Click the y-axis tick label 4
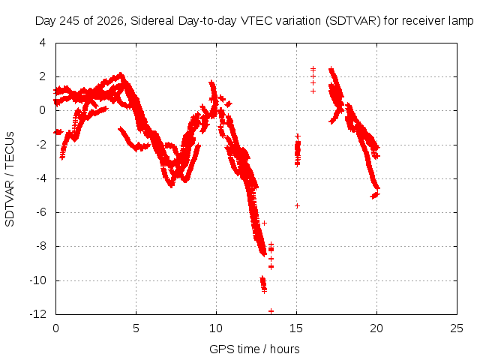click(x=42, y=42)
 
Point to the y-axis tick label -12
click(x=37, y=313)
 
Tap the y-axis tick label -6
click(x=41, y=211)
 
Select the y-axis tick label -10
click(x=37, y=280)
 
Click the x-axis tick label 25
click(x=457, y=328)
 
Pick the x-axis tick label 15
click(x=296, y=328)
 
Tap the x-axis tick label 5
click(x=136, y=328)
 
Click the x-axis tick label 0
click(x=55, y=328)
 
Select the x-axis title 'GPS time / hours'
click(x=254, y=349)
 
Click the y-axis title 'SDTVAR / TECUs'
click(x=10, y=179)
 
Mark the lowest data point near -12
click(x=271, y=311)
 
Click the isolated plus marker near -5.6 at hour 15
click(x=297, y=206)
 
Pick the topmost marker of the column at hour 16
click(x=313, y=69)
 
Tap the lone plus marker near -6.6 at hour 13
click(x=264, y=223)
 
